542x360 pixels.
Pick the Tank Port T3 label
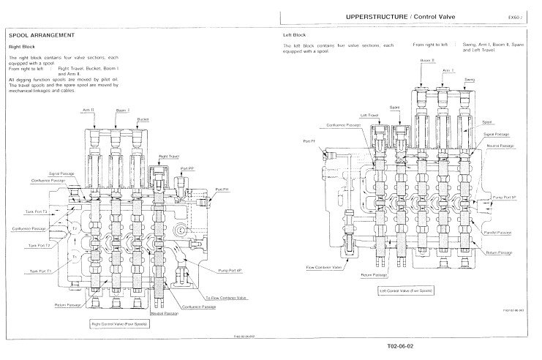(38, 211)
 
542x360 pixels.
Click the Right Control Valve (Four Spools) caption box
(120, 322)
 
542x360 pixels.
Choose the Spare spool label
(394, 107)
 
